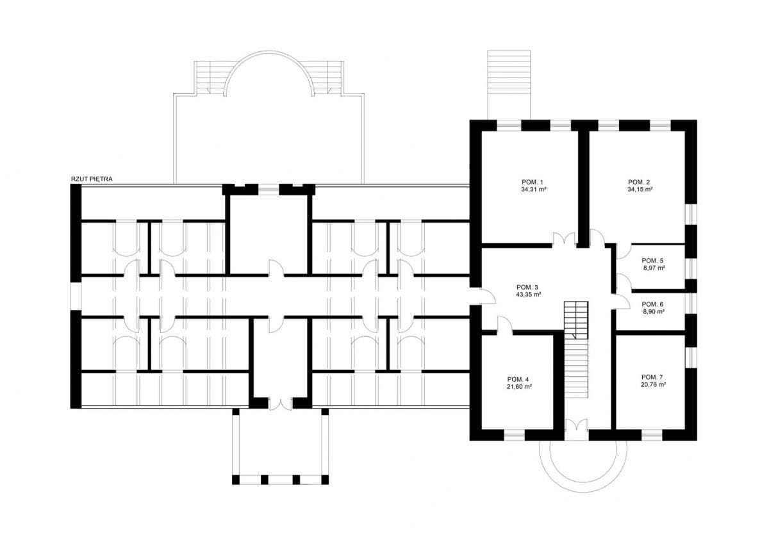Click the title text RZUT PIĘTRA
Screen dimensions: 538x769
pyautogui.click(x=92, y=179)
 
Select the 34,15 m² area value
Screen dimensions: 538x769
pyautogui.click(x=640, y=190)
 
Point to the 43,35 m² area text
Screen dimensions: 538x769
pyautogui.click(x=529, y=295)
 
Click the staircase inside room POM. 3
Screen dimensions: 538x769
pyautogui.click(x=576, y=349)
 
